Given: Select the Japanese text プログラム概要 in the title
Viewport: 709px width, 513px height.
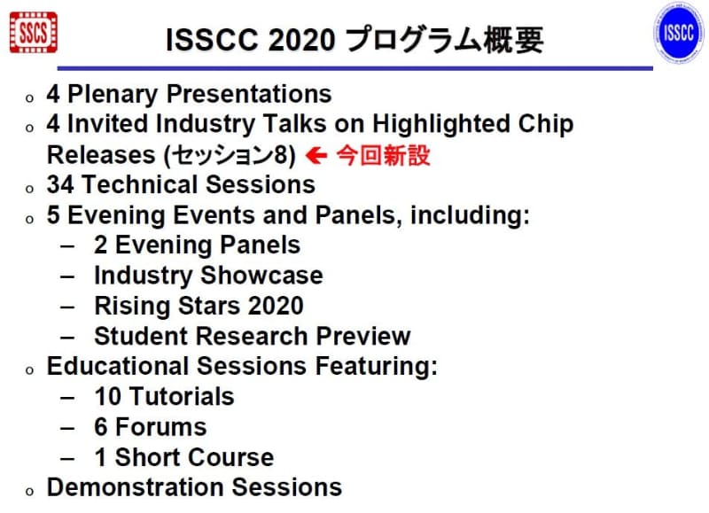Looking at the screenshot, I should pyautogui.click(x=443, y=40).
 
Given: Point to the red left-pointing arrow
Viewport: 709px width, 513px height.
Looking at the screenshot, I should pyautogui.click(x=316, y=156).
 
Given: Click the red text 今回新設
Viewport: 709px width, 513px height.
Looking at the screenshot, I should pyautogui.click(x=382, y=155).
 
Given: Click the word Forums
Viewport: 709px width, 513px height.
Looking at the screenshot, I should pyautogui.click(x=161, y=427).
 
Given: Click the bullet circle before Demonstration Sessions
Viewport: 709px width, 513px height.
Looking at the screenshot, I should pyautogui.click(x=30, y=490).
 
